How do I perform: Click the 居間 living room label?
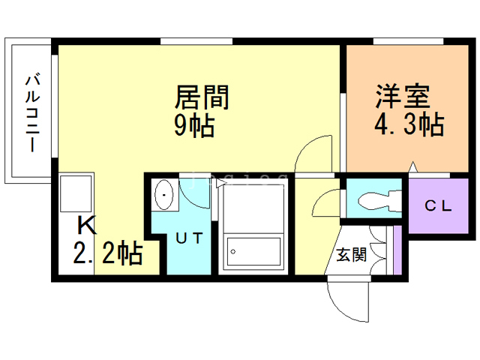(x=202, y=97)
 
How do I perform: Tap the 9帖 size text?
(x=194, y=126)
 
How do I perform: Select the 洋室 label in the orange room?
(x=403, y=96)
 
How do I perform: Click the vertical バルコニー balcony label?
(x=33, y=112)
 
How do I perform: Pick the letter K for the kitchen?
(x=87, y=225)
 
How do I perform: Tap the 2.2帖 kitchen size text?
(x=108, y=253)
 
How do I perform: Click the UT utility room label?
(x=190, y=238)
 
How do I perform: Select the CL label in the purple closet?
(x=438, y=205)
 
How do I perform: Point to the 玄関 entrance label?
(x=352, y=254)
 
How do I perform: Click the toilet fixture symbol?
(x=379, y=200)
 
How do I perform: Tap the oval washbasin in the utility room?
(x=164, y=195)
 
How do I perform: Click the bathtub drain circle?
(x=233, y=252)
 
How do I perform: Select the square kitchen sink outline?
(x=76, y=193)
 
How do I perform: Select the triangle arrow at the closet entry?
(x=413, y=166)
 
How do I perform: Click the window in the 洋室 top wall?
(x=408, y=41)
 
